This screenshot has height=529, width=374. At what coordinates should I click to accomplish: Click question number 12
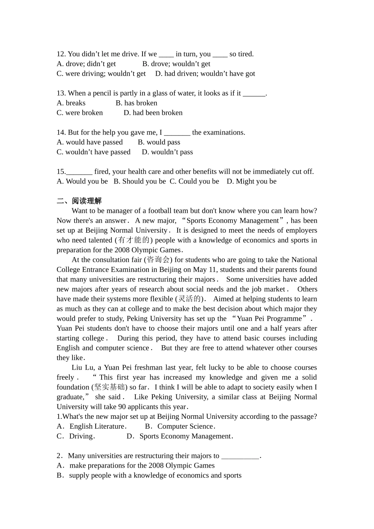click(x=61, y=54)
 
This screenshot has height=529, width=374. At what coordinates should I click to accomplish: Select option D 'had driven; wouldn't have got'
click(x=205, y=74)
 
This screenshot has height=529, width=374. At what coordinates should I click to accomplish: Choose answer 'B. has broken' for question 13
click(x=136, y=103)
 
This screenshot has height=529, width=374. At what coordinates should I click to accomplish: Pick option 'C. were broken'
click(x=80, y=113)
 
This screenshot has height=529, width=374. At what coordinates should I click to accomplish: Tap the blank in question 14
click(x=177, y=133)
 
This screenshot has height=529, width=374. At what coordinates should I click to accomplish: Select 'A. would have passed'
click(x=90, y=142)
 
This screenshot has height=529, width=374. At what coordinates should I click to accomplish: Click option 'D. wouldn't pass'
click(x=167, y=152)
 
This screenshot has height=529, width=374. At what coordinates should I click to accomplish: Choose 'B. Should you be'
click(x=140, y=181)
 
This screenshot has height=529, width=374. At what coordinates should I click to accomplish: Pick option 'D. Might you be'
click(x=252, y=181)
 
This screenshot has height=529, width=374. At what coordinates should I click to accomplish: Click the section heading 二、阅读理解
click(x=79, y=201)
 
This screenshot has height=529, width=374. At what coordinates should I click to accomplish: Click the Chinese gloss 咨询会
click(x=158, y=260)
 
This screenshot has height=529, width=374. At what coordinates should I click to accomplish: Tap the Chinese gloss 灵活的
click(x=189, y=299)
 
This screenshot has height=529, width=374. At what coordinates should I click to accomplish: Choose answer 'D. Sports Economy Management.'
click(x=180, y=436)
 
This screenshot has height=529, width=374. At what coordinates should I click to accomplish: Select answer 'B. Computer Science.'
click(x=180, y=426)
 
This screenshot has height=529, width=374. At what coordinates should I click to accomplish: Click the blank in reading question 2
click(x=240, y=456)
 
